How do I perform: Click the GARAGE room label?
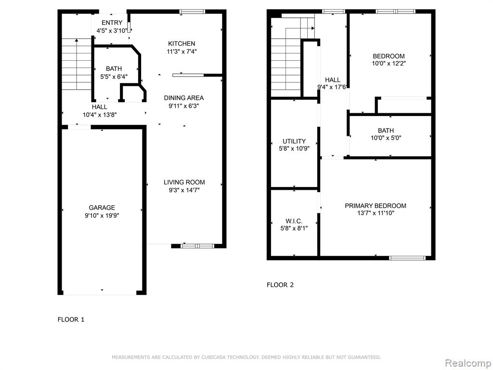[x=102, y=208]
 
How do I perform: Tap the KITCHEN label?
[x=182, y=44]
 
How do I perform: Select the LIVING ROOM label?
[x=184, y=182]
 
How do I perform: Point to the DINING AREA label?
[x=184, y=98]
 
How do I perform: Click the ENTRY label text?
[x=112, y=23]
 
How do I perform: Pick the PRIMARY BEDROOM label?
[x=376, y=206]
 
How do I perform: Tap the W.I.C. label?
[x=294, y=221]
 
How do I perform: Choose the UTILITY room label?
[x=294, y=141]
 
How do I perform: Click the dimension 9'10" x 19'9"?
[x=102, y=215]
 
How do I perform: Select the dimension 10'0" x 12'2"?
[x=389, y=64]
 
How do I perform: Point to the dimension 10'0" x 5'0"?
[x=386, y=138]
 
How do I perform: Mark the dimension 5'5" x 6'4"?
[x=114, y=77]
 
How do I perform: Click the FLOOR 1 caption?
[x=71, y=320]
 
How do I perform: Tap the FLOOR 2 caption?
[x=280, y=285]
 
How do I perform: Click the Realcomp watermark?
[x=468, y=363]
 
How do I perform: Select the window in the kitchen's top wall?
[x=192, y=12]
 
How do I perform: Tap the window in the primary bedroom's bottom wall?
[x=407, y=258]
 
